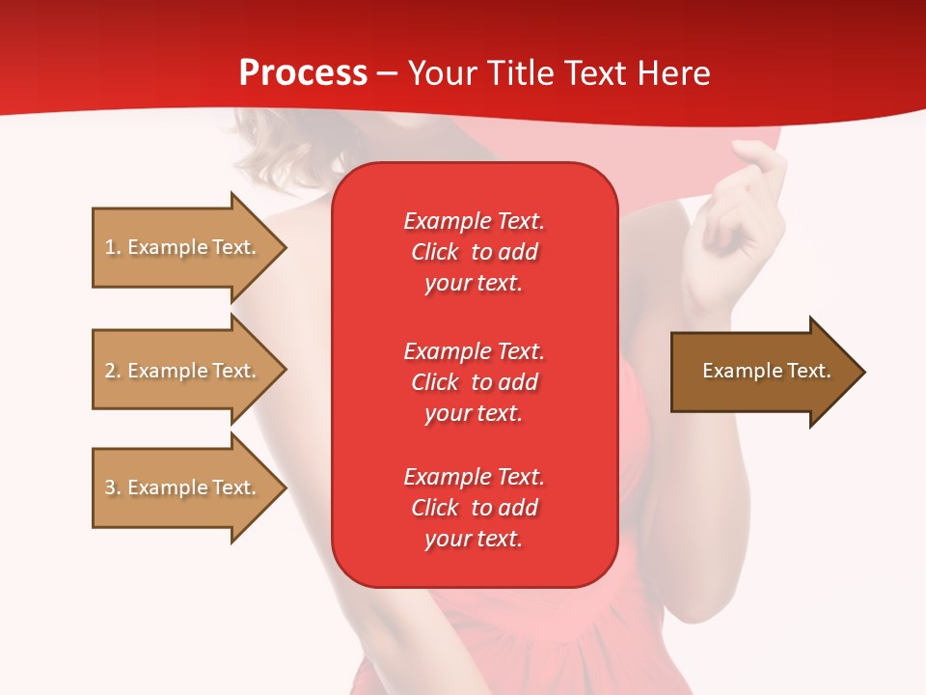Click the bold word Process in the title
coord(303,72)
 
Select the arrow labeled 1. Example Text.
coord(183,247)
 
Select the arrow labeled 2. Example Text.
coord(183,371)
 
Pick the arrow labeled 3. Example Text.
coord(183,487)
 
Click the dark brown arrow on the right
coord(762,372)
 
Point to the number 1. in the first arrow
coord(113,247)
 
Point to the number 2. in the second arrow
coord(113,371)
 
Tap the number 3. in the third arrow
coord(113,487)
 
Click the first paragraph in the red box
coord(474,252)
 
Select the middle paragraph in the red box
coord(474,382)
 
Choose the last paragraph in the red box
coord(474,508)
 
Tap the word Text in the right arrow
coord(809,371)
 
